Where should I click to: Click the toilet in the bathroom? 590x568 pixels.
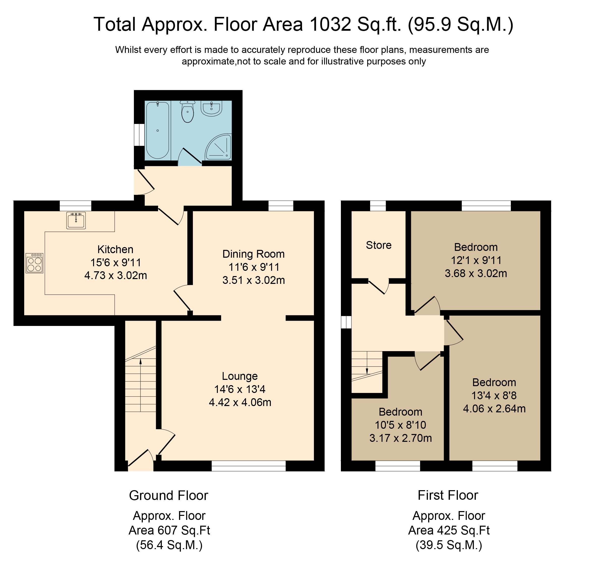click(x=188, y=112)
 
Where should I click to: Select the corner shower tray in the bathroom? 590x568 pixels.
click(x=219, y=147)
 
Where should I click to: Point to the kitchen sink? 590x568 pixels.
click(x=76, y=220)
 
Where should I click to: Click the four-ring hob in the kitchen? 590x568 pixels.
click(x=34, y=263)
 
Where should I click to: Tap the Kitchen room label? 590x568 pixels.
click(x=115, y=249)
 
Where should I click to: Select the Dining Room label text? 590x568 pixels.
click(x=253, y=254)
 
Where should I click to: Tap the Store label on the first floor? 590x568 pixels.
click(x=379, y=245)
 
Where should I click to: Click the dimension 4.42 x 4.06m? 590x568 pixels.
click(x=240, y=402)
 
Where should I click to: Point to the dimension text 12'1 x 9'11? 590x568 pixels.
click(x=476, y=260)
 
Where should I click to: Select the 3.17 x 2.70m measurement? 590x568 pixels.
click(x=401, y=438)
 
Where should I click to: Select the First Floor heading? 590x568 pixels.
click(x=448, y=495)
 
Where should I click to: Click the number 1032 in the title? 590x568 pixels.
click(x=330, y=24)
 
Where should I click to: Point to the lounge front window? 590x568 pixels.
click(x=249, y=466)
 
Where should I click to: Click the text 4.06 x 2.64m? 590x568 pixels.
click(x=494, y=409)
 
